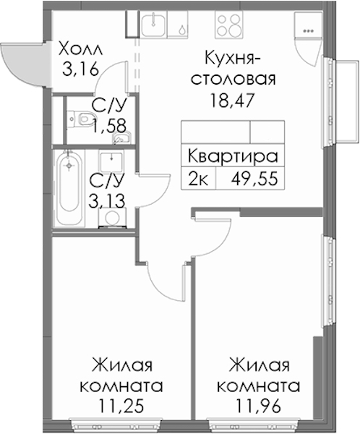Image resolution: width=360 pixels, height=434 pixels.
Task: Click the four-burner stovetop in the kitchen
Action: (228, 24)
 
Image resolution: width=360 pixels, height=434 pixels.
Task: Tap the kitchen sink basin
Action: (154, 24)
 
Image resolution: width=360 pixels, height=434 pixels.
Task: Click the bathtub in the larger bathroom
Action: (69, 188)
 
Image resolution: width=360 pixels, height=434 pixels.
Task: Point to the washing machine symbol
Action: (112, 218)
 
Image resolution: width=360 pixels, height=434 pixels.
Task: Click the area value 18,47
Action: (232, 101)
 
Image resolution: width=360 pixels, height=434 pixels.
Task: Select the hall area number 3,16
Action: (80, 69)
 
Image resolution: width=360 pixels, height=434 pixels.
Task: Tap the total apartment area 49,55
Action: (254, 179)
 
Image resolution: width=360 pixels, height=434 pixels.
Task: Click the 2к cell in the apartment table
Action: (198, 179)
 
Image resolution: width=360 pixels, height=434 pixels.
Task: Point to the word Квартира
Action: (233, 156)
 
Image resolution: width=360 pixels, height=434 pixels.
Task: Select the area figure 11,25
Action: (121, 407)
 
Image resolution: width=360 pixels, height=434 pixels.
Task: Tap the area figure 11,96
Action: (259, 407)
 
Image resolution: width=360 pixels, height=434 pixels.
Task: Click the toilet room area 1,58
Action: (109, 125)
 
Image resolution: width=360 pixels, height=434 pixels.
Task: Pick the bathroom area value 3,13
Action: (107, 200)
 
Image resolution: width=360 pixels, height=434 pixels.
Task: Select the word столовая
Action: (233, 80)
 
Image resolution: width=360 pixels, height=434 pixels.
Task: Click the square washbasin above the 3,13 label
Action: (111, 162)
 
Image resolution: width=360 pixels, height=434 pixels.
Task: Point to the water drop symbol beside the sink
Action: (181, 28)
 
